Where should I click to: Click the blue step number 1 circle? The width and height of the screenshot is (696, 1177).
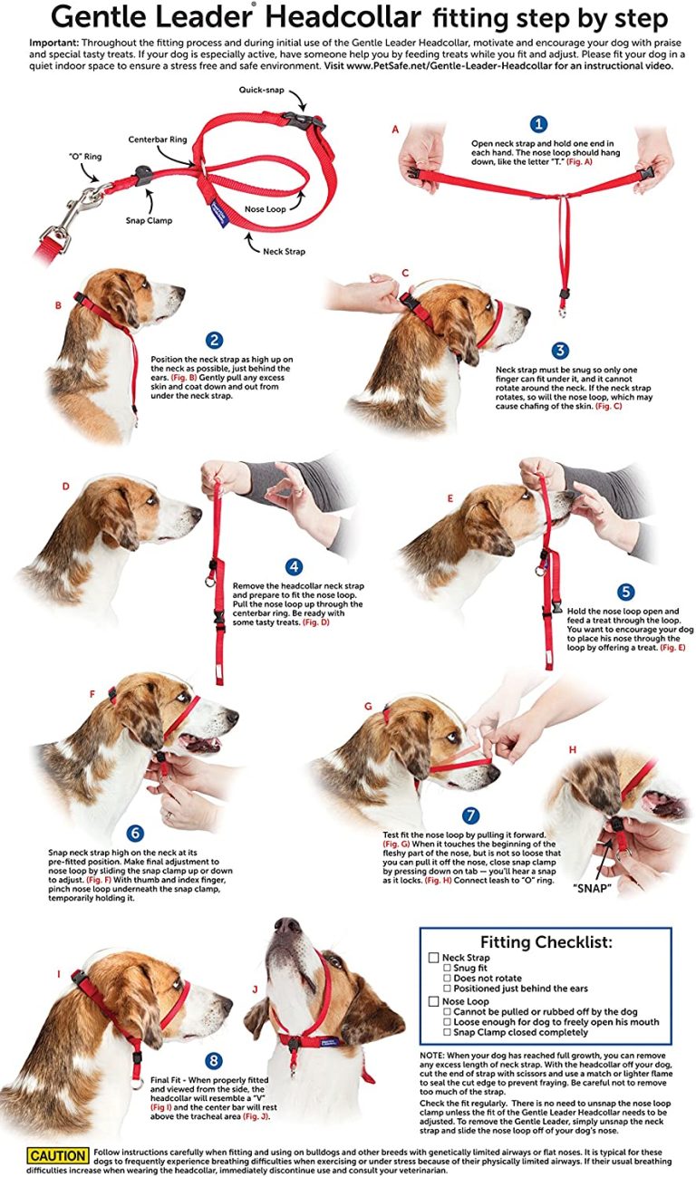click(x=538, y=124)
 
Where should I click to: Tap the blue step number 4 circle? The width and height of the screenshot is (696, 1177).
click(x=293, y=567)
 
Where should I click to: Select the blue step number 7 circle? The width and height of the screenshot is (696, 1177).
click(x=470, y=816)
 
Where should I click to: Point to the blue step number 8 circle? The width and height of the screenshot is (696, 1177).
click(x=214, y=1059)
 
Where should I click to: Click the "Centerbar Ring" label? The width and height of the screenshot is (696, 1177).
click(x=158, y=140)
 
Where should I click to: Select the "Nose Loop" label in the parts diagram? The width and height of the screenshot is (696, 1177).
click(x=265, y=209)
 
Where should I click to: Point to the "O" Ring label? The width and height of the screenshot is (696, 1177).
click(x=87, y=157)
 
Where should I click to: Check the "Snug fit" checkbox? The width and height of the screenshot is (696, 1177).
click(x=447, y=969)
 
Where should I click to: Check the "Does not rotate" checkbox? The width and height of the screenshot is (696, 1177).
click(x=447, y=979)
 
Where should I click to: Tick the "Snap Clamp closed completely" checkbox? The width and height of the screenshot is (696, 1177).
click(x=447, y=1031)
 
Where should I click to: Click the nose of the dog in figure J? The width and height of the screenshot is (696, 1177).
click(x=287, y=926)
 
